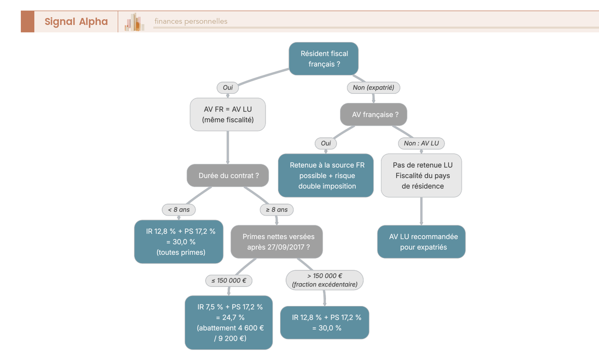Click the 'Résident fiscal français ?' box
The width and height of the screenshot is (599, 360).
324,59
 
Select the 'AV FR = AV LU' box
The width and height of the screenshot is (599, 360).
228,114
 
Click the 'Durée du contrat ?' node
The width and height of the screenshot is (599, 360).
228,176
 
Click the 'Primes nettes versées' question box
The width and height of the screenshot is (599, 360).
277,242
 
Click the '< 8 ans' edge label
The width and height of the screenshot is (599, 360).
179,210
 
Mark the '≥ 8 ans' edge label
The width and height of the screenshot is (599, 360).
277,210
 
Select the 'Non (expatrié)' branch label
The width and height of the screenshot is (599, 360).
373,88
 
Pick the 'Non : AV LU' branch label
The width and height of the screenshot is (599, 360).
421,143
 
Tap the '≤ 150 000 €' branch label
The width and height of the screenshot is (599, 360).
229,281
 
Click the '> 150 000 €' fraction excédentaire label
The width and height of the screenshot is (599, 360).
324,280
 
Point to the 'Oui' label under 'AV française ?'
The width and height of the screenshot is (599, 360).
326,143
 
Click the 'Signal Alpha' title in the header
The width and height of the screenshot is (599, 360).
76,21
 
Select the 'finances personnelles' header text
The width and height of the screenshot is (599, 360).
191,21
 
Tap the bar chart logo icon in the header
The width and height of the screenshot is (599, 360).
135,22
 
